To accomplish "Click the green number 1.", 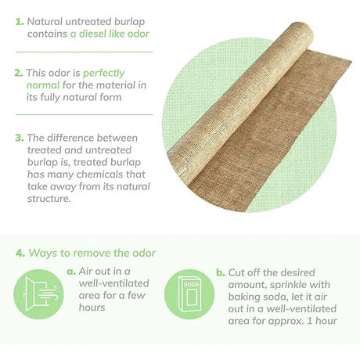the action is coord(20,22).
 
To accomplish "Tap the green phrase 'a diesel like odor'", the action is coord(110,34).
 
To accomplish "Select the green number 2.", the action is coord(19,73).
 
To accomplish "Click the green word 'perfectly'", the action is coord(103,74).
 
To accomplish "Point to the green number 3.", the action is coord(20,138).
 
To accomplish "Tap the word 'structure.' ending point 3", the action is coord(49,199).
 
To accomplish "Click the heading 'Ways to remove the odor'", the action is coord(92,253).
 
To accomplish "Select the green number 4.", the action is coord(20,253).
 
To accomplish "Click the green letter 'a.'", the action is coord(71,272).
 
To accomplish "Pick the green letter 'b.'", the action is coord(221,272).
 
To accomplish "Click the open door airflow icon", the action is coord(38,294).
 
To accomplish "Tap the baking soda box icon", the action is coord(189,294).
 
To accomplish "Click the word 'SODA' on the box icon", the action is coord(192,284).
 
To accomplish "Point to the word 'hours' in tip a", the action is coord(92,308).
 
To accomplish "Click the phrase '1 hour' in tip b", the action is coord(322,321).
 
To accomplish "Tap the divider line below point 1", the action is coord(84,52).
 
